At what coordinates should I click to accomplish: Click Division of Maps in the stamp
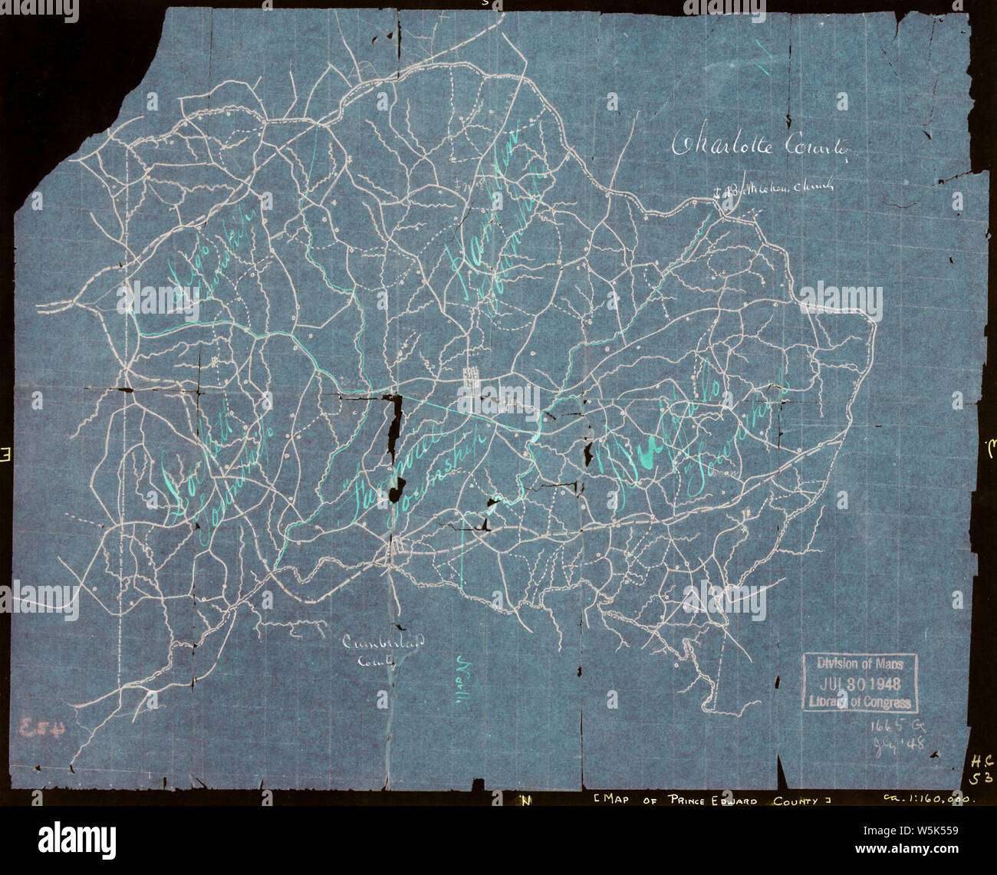coord(860,664)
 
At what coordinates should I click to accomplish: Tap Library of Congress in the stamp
coord(860,701)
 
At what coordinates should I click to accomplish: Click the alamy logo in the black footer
coord(77,838)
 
